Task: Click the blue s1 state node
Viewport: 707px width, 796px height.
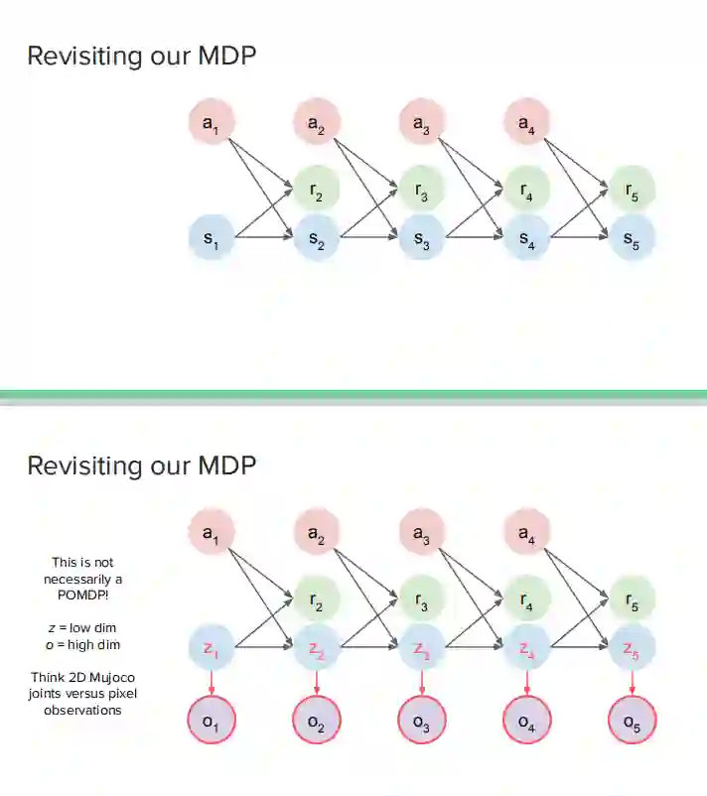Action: click(x=211, y=238)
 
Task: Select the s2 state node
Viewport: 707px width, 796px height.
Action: click(x=316, y=238)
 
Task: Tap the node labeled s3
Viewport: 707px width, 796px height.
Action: click(x=421, y=238)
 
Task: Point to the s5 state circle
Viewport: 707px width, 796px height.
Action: click(x=632, y=238)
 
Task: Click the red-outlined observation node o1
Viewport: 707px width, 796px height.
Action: click(x=211, y=721)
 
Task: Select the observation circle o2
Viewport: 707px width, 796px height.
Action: click(x=316, y=721)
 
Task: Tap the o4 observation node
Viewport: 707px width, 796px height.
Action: click(x=526, y=721)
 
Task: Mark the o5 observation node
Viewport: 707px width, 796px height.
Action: click(x=632, y=721)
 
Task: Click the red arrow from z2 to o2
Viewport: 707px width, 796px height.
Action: click(x=316, y=684)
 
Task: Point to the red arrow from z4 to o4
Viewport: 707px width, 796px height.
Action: click(x=526, y=684)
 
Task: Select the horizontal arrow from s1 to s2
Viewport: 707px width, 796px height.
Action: click(x=262, y=238)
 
